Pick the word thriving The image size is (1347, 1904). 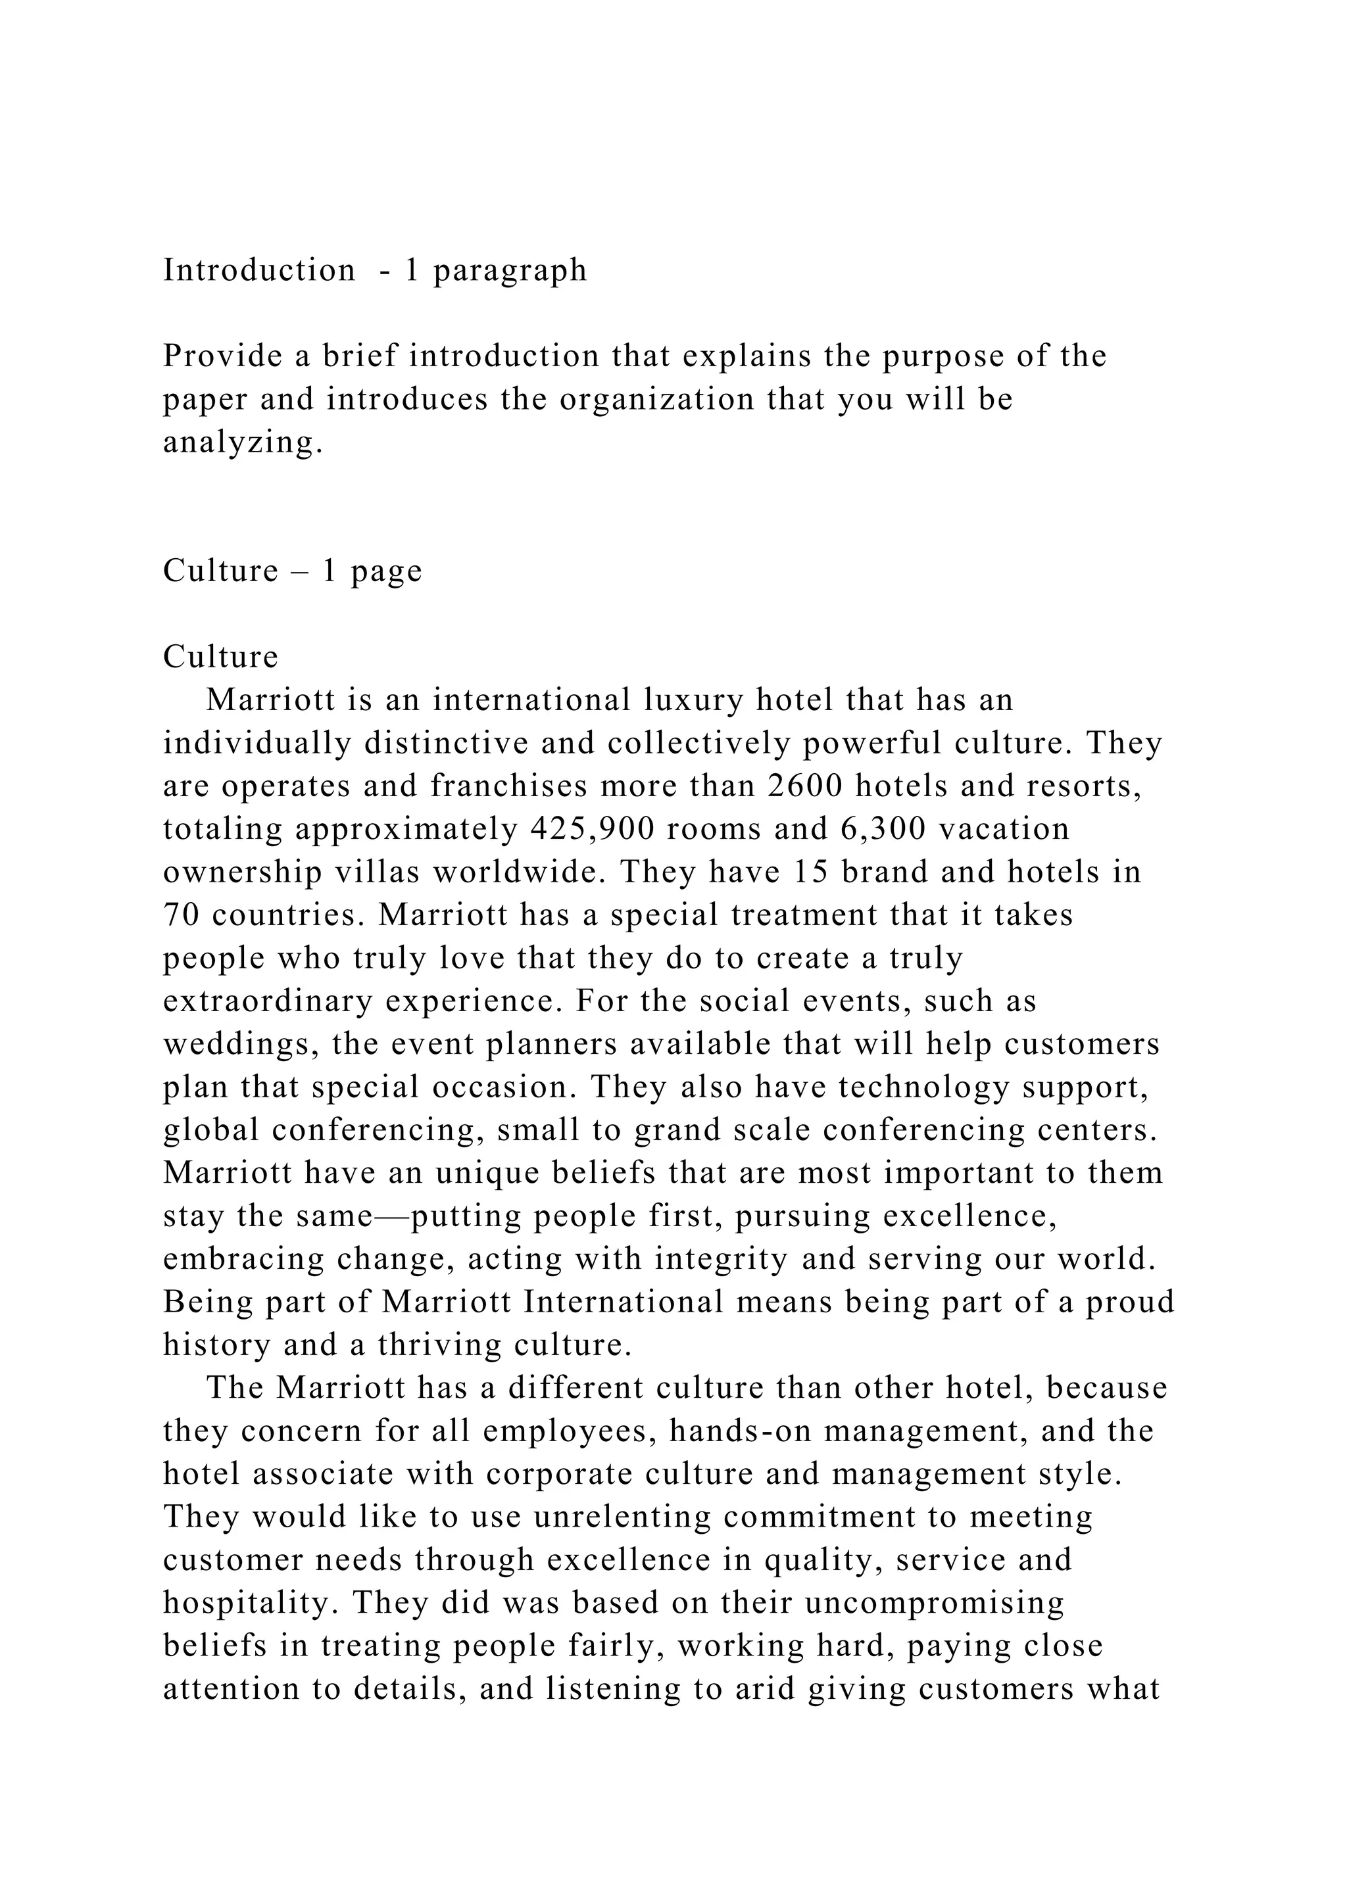click(x=439, y=1346)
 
